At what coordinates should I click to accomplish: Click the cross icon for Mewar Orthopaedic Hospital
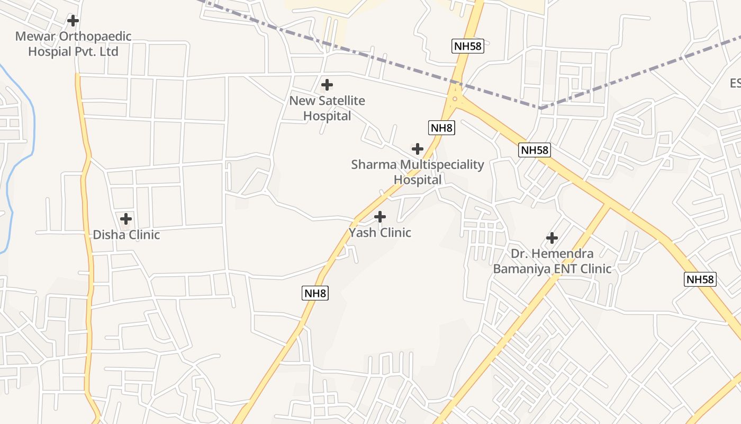point(73,21)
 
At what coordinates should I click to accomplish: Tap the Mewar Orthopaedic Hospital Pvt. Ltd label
point(73,44)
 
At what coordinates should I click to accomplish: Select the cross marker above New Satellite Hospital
point(327,84)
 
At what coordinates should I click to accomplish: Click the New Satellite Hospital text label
point(327,108)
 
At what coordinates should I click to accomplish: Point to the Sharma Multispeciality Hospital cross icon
point(418,148)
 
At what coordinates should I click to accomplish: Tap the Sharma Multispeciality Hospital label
point(418,172)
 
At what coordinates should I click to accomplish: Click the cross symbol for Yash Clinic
point(380,216)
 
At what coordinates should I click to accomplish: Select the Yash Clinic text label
point(380,233)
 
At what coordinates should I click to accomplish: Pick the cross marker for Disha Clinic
point(126,218)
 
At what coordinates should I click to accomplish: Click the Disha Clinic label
point(126,235)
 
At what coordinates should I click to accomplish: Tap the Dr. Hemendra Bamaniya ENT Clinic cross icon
point(552,237)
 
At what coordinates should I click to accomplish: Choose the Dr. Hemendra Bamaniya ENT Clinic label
point(552,261)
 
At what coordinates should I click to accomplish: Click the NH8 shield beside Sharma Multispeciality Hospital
point(441,128)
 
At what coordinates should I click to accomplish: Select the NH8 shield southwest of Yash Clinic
point(315,293)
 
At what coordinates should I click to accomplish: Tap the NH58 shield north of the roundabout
point(468,46)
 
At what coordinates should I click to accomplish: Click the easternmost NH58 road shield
point(700,279)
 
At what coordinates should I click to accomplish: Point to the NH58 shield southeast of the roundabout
point(535,150)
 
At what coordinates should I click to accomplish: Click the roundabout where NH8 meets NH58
point(454,99)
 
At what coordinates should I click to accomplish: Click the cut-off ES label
point(735,83)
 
